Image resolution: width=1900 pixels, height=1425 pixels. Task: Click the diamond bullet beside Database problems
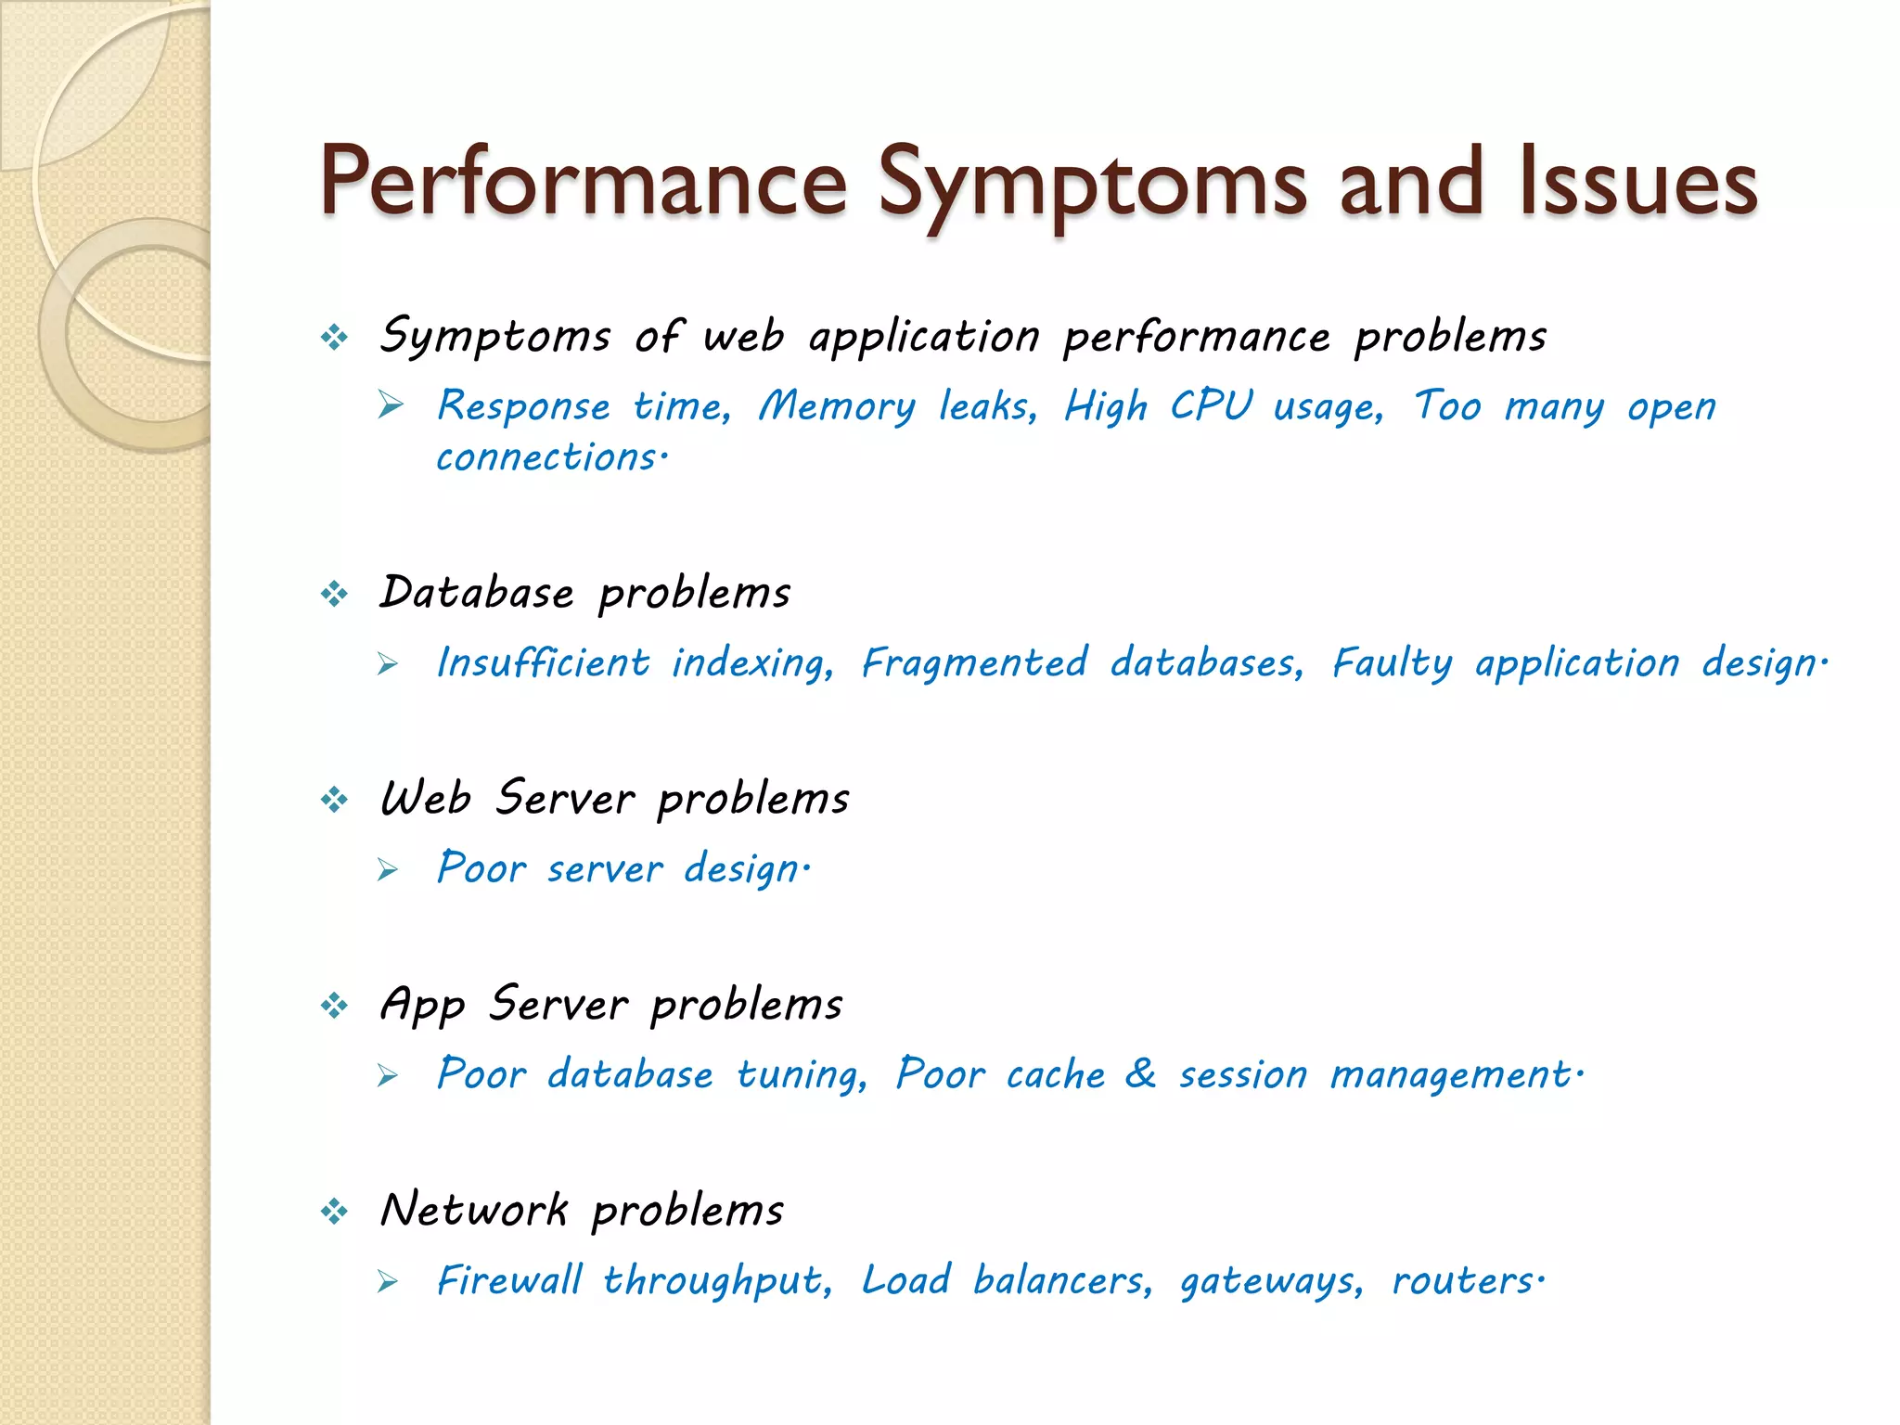point(334,593)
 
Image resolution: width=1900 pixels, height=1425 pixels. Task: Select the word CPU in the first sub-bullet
point(1211,406)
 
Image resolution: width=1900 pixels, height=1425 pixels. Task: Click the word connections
point(547,457)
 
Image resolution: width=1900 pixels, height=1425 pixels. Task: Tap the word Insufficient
point(543,662)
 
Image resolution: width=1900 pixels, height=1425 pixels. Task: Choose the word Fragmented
point(974,662)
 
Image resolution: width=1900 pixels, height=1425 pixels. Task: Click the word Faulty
point(1392,662)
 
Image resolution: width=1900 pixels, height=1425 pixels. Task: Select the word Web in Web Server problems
point(426,798)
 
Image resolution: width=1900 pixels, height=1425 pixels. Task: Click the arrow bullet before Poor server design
point(389,869)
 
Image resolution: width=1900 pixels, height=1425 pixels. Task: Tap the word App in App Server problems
point(422,1005)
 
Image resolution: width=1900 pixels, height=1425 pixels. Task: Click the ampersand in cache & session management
point(1140,1073)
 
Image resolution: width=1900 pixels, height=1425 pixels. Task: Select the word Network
point(474,1210)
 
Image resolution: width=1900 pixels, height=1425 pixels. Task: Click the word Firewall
point(509,1280)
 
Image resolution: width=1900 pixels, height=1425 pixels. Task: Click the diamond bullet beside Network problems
point(334,1211)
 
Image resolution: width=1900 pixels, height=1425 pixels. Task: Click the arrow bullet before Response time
point(391,405)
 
